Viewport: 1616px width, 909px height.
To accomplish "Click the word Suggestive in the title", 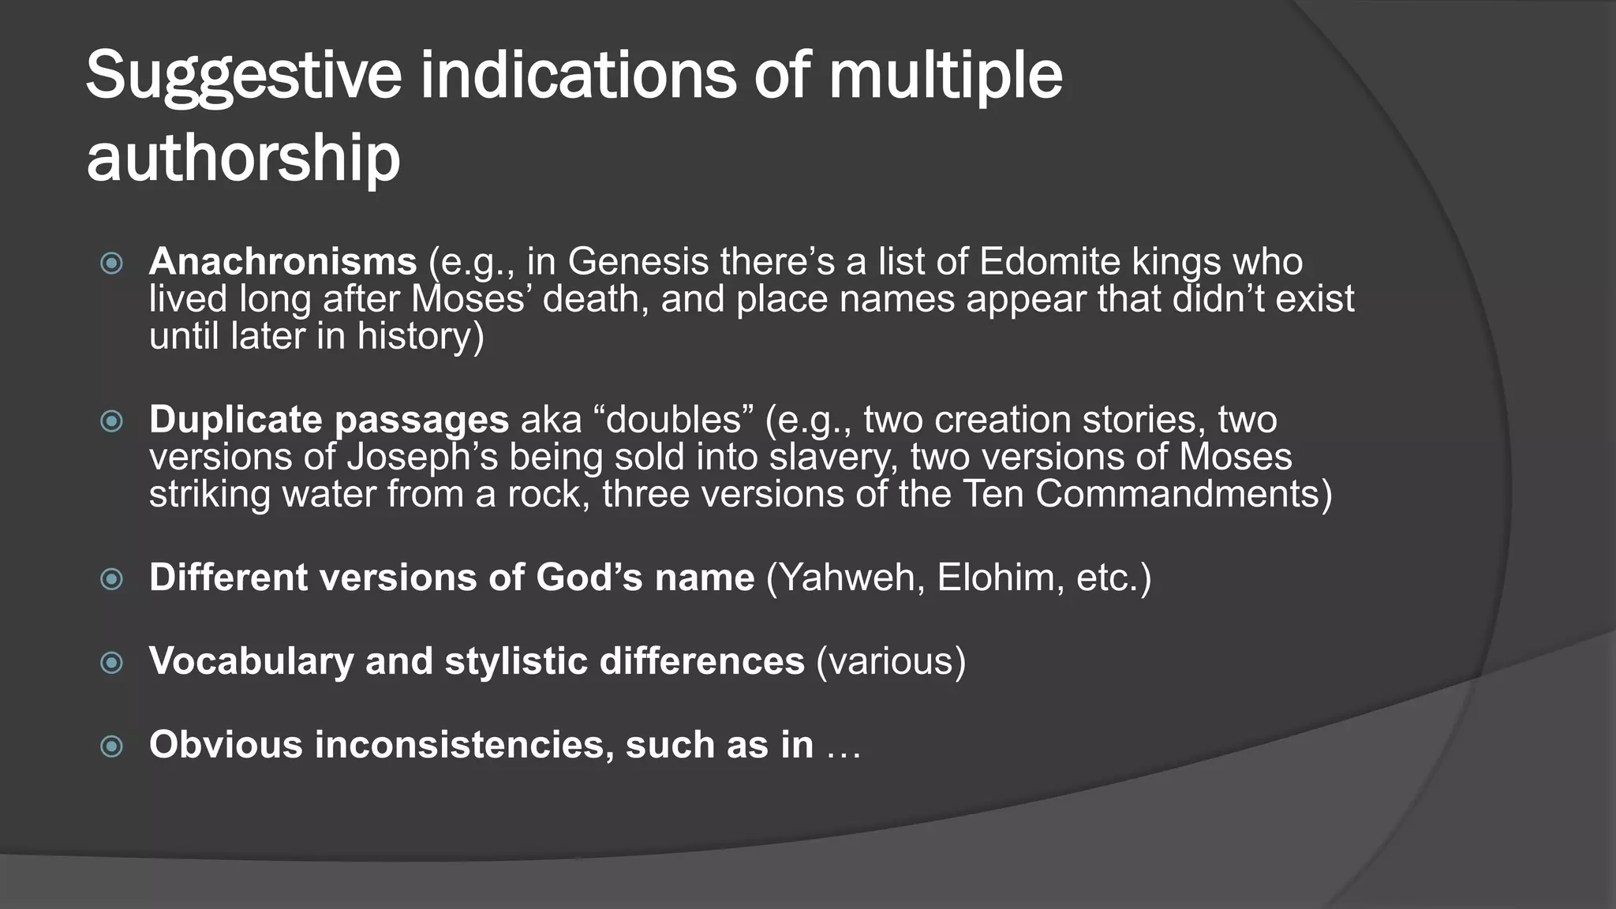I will click(x=244, y=77).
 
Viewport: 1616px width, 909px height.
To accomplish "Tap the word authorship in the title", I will click(x=243, y=158).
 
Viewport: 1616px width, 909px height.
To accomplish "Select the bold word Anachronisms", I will click(x=282, y=261).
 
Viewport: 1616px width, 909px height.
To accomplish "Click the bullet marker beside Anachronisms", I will click(x=112, y=263).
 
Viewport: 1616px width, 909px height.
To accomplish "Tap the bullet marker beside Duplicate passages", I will click(x=112, y=421).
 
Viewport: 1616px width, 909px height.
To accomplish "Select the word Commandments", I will click(x=1178, y=494).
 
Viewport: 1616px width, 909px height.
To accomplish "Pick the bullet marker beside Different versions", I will click(x=112, y=580).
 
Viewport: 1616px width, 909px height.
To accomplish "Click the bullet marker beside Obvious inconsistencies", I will click(x=112, y=746).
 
